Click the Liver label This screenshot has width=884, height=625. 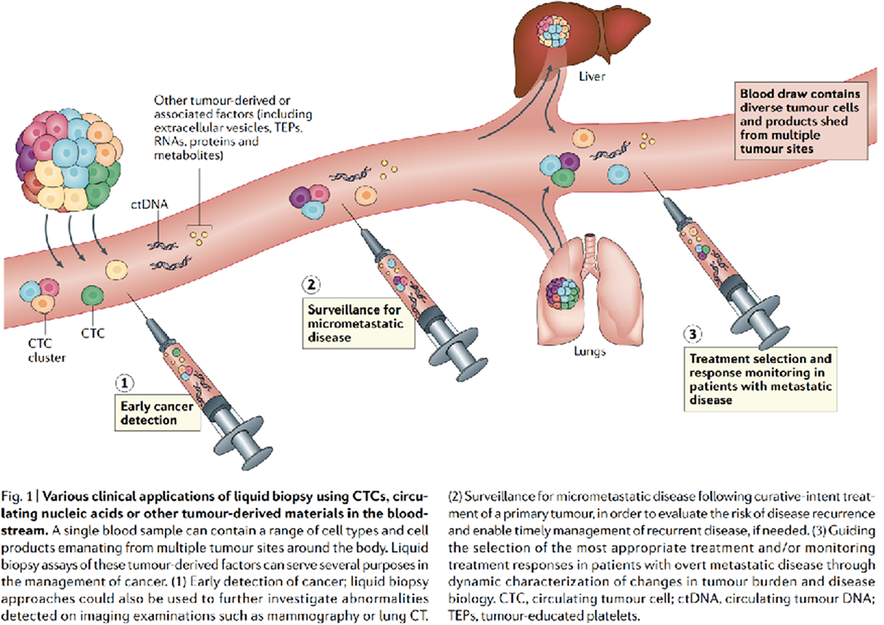tap(591, 77)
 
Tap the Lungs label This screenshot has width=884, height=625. tap(589, 351)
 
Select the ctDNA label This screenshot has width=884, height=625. tap(149, 204)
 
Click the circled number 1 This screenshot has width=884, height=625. tap(125, 383)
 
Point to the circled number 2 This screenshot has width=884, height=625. tap(311, 285)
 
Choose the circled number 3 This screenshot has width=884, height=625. tap(693, 334)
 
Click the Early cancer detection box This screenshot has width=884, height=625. tap(157, 413)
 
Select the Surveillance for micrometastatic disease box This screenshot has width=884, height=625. tap(358, 323)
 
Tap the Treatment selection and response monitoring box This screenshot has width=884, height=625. tap(760, 379)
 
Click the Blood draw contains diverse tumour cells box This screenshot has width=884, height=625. tap(800, 121)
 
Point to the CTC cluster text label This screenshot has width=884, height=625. tap(46, 350)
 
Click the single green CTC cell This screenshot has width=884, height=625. tap(92, 296)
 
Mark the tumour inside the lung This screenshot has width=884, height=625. tap(563, 293)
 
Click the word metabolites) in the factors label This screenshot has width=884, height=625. tap(189, 155)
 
